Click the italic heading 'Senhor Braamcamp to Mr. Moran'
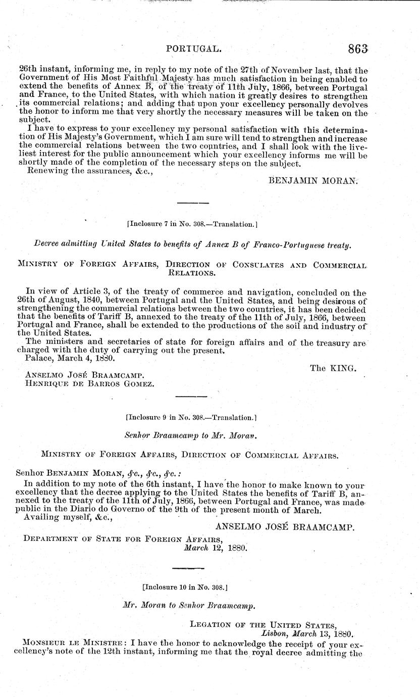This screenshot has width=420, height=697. tap(192, 434)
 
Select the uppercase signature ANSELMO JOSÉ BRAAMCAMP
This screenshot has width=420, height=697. tap(285, 527)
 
